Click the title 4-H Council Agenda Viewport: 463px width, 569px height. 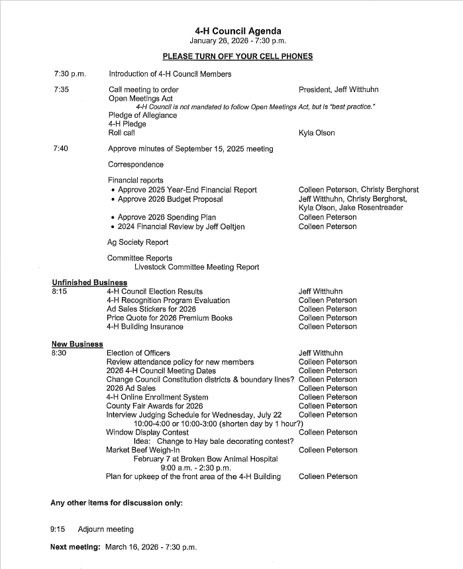point(238,31)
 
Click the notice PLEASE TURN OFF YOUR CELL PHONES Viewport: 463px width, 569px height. point(238,56)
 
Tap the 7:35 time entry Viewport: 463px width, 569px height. point(62,89)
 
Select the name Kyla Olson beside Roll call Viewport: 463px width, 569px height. point(317,133)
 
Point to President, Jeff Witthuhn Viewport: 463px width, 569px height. point(338,89)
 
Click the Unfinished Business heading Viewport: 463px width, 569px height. point(89,283)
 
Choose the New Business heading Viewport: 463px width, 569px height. point(77,344)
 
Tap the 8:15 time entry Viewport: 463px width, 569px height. point(59,291)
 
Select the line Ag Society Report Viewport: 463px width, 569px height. point(138,242)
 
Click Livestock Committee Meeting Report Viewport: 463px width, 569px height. point(197,267)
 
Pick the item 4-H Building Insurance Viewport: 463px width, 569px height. point(145,327)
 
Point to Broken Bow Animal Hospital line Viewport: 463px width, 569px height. point(205,459)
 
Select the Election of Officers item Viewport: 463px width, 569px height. point(138,353)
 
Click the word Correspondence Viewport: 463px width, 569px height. point(136,164)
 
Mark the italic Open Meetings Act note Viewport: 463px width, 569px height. point(256,107)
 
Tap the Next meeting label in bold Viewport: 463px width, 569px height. point(76,547)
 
